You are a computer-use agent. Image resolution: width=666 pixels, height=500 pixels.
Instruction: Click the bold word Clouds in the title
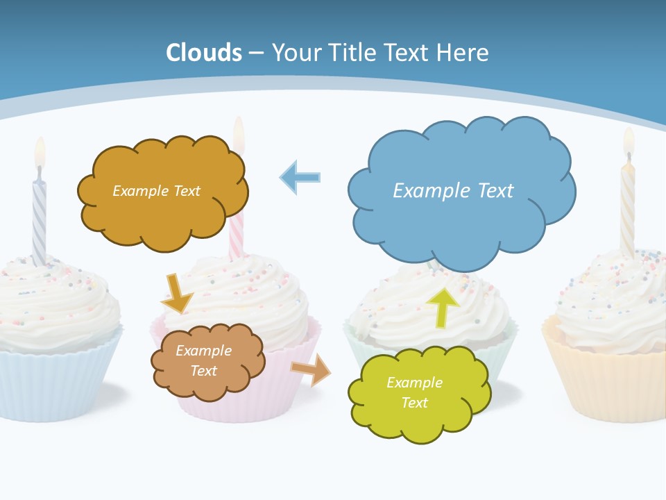[204, 53]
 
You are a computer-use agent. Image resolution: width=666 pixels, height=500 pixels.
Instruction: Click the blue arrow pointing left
[300, 178]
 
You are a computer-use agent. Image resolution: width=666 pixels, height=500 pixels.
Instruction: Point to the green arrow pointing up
[443, 308]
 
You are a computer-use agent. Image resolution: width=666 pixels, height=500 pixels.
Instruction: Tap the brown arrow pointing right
[311, 369]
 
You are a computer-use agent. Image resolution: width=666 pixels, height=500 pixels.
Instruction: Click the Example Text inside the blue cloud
[453, 190]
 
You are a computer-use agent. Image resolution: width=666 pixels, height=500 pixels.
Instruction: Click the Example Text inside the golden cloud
[156, 190]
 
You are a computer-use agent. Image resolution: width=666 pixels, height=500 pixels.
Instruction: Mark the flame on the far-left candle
[40, 151]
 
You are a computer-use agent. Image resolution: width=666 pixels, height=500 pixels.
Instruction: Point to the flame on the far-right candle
[629, 140]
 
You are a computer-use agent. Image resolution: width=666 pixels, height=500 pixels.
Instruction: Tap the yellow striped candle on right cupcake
[627, 208]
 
